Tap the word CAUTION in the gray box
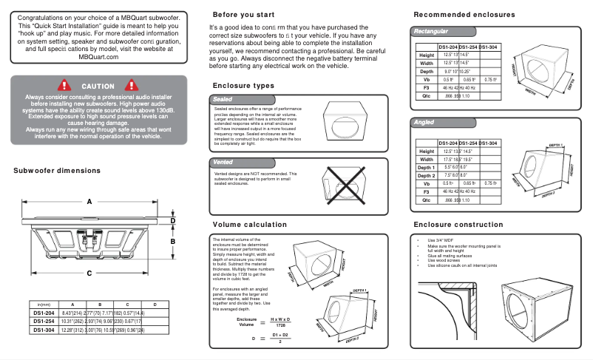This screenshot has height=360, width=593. coord(98,86)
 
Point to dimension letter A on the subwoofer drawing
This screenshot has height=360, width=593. coord(89,202)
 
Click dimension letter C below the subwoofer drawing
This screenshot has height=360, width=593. coord(89,273)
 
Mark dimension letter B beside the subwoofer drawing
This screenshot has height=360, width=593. coord(172,241)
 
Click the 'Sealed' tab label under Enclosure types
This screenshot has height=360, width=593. coord(223,98)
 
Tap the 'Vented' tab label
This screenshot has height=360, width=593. coord(223,160)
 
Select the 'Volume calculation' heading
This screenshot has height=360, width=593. coord(249,224)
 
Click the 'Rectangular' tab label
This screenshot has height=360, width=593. coord(430,32)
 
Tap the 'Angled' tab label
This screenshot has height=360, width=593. coord(424,122)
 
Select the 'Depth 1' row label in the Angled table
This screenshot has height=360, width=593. coord(426,167)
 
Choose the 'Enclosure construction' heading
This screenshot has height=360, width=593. coord(458,224)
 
